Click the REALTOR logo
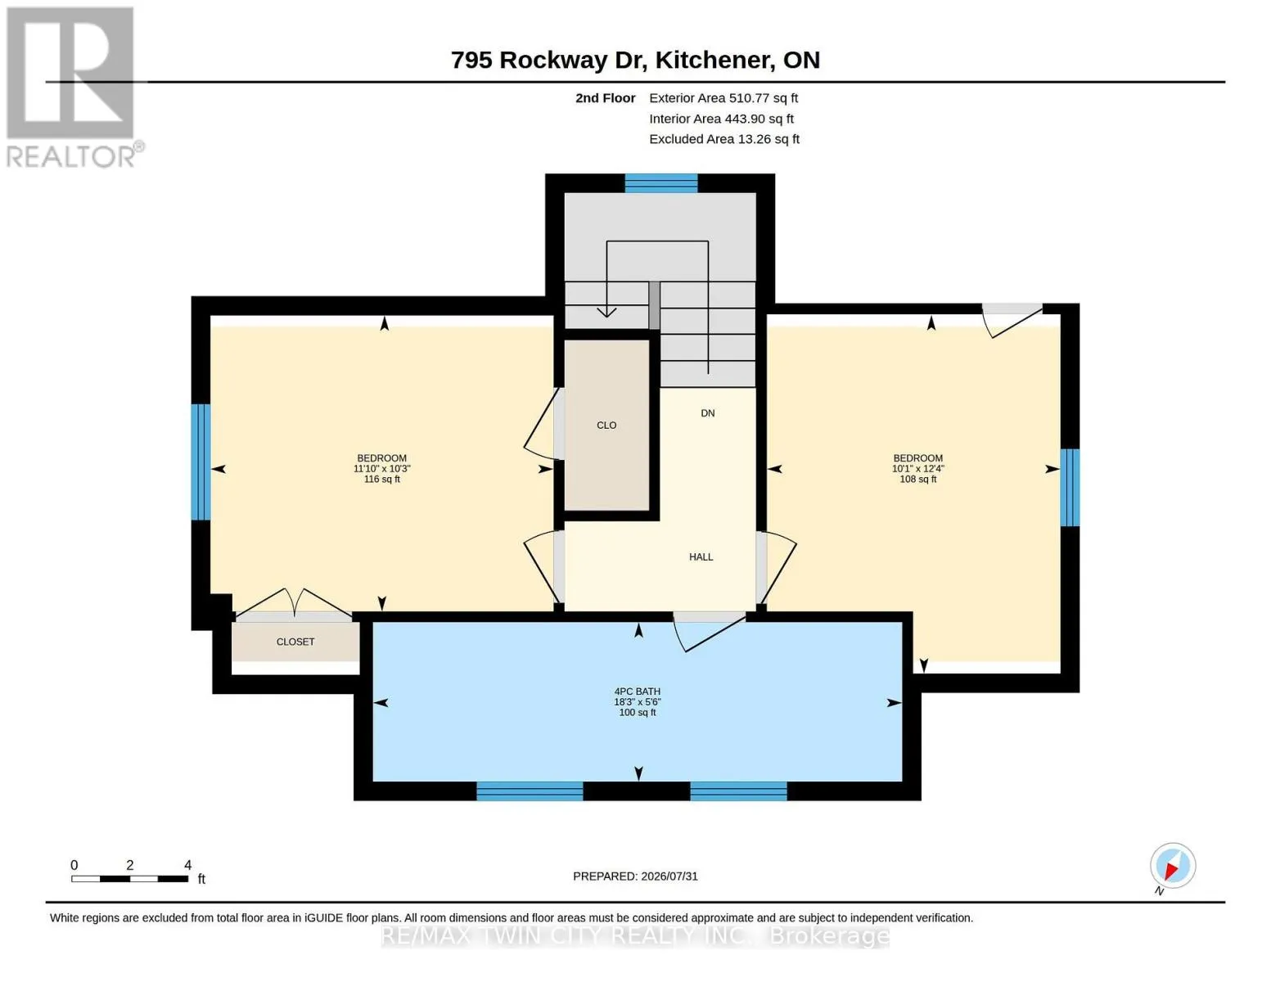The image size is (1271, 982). click(74, 88)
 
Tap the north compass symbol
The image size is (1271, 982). click(1172, 866)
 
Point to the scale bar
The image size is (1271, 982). click(130, 878)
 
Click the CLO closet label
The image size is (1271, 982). click(606, 426)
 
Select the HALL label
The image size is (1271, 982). click(701, 556)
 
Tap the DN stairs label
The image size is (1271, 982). click(708, 413)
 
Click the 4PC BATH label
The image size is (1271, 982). click(637, 691)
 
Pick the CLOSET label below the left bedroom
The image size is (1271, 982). click(295, 642)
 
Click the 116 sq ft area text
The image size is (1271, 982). click(382, 479)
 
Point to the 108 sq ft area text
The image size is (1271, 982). click(917, 479)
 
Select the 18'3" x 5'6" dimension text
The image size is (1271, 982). click(637, 702)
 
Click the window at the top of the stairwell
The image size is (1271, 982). click(661, 183)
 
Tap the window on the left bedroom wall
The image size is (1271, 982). click(201, 462)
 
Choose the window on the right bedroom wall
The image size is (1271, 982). click(1070, 487)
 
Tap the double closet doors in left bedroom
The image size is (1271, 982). click(294, 602)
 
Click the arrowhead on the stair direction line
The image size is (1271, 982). click(606, 312)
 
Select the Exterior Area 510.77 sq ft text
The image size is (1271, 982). click(723, 97)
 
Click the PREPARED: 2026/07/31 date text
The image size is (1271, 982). click(635, 876)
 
